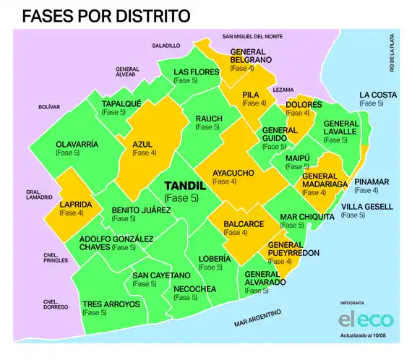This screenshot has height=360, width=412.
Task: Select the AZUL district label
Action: tap(143, 144)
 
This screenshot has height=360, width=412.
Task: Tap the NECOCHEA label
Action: tap(194, 289)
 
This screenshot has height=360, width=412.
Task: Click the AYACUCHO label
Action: tap(233, 173)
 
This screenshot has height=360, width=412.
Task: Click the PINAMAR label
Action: tap(372, 181)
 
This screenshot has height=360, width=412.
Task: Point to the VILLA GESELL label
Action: tap(366, 206)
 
